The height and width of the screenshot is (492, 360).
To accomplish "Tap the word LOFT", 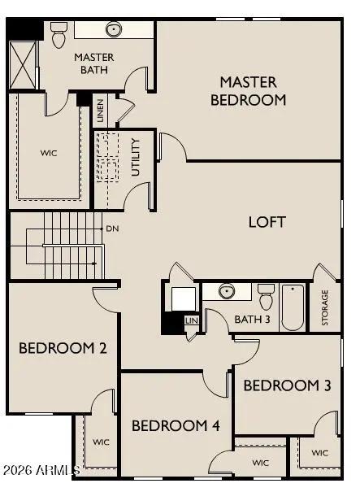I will pos(267,221).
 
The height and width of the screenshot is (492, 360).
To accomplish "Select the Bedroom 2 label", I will pos(63,348).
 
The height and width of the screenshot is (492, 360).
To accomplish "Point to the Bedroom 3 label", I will pos(287,385).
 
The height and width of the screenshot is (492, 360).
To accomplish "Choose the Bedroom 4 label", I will pos(176,425).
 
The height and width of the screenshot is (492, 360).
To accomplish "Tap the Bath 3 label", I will pos(252,318).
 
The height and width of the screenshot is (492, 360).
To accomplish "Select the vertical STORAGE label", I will pos(325,308).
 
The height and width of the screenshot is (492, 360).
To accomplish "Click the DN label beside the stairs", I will pos(112,229).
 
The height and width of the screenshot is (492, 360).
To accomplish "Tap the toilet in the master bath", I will pos(59,35).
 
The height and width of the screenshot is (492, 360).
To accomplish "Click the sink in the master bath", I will pos(113,30).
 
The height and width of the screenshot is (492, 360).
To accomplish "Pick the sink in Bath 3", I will pos(227,291).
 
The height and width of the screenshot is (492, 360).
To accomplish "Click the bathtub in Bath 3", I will pos(293,307).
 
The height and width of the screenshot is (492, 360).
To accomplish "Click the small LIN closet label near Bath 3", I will pos(192,320).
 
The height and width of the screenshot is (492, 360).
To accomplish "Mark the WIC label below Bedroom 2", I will pos(101,442).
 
